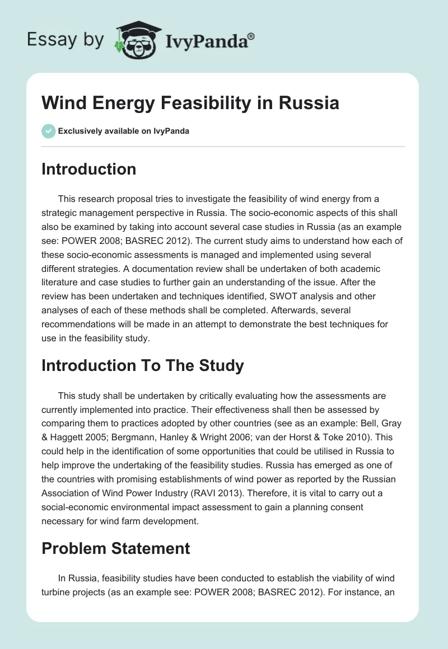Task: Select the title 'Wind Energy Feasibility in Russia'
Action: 190,104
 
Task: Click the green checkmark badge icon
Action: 48,131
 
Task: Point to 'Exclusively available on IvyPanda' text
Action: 124,131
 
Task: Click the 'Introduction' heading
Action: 88,169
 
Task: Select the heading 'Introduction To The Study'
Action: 142,365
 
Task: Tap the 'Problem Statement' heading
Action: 115,548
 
